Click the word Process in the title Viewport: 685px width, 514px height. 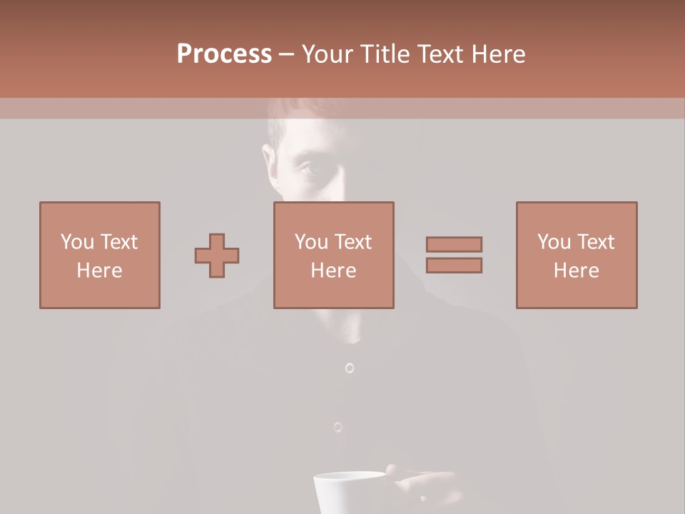tap(224, 54)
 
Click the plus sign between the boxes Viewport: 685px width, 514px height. tap(217, 256)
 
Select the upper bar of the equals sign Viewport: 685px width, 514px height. tap(454, 244)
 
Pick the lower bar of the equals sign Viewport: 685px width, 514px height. tap(454, 265)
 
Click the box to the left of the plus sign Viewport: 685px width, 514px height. tap(100, 255)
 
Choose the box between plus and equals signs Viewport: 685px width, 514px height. tap(334, 255)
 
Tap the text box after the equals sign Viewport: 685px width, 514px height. tap(577, 255)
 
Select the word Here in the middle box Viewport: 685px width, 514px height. tap(334, 271)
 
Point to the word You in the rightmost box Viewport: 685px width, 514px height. tap(554, 242)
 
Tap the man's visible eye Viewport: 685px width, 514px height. tap(305, 168)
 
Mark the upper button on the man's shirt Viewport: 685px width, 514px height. tap(349, 368)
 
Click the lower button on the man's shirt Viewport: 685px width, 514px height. tap(338, 427)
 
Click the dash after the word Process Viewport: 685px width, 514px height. tap(287, 54)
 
